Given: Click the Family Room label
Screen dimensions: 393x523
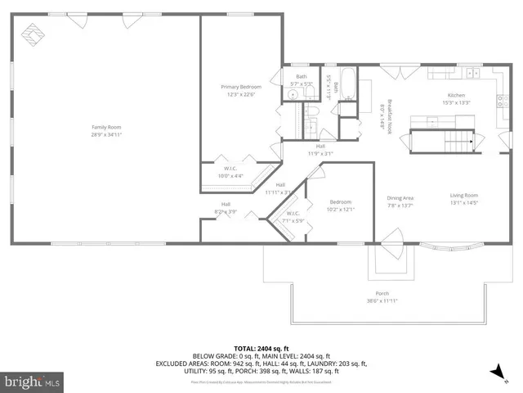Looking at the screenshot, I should point(106,127).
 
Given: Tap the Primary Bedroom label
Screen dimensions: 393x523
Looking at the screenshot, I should point(241,86).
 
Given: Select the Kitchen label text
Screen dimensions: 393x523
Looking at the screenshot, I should point(456,96).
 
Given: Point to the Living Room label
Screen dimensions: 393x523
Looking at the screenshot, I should point(463,195).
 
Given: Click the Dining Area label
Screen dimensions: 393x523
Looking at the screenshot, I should point(400,197).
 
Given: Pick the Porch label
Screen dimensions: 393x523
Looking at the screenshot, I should point(382,293).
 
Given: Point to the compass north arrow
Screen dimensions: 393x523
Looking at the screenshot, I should point(495,373).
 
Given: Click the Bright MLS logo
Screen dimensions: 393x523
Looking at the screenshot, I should point(33,382).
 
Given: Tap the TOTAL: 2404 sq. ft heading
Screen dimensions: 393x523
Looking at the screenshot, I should point(261,348).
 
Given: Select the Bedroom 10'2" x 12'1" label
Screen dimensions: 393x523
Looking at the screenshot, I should point(340,206).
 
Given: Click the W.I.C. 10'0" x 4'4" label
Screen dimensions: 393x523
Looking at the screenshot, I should point(231,172).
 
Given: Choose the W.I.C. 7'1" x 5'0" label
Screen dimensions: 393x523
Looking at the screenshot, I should point(293,217).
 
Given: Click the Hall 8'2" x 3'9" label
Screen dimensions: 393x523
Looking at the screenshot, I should point(226,208).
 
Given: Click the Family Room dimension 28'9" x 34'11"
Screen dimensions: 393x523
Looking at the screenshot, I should point(106,134).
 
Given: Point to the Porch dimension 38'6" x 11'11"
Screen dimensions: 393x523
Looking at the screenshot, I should point(382,300).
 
